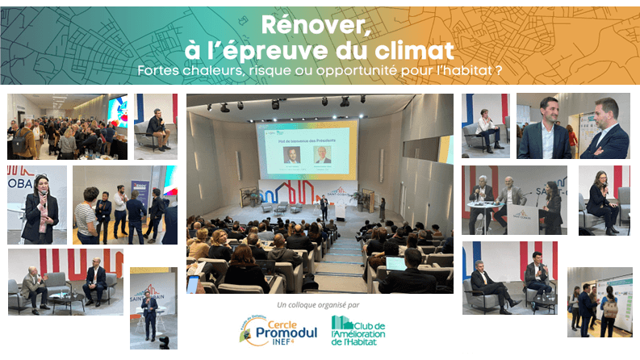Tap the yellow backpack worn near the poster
[610, 307]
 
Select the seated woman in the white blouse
[487, 128]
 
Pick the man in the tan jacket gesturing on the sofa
[36, 286]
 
